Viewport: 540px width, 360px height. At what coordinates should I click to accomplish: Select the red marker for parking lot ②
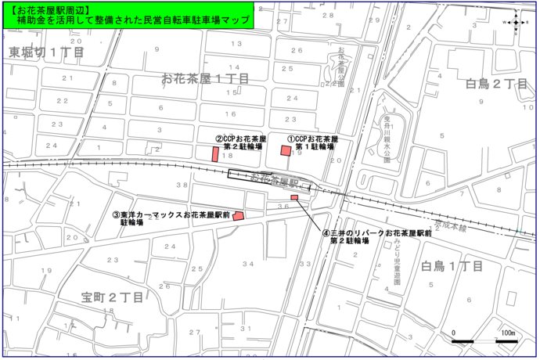[215, 153]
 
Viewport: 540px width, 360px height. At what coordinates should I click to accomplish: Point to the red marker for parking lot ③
[239, 217]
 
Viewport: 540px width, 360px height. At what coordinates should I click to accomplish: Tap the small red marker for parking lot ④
[294, 197]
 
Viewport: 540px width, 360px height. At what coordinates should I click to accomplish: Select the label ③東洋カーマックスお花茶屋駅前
[171, 214]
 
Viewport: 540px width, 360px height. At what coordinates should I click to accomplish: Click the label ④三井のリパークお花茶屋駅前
[378, 233]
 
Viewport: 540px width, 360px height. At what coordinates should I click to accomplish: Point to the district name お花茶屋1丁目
[205, 78]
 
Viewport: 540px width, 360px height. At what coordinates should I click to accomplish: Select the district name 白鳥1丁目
[454, 266]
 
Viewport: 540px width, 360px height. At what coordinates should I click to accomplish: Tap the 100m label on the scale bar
[507, 333]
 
